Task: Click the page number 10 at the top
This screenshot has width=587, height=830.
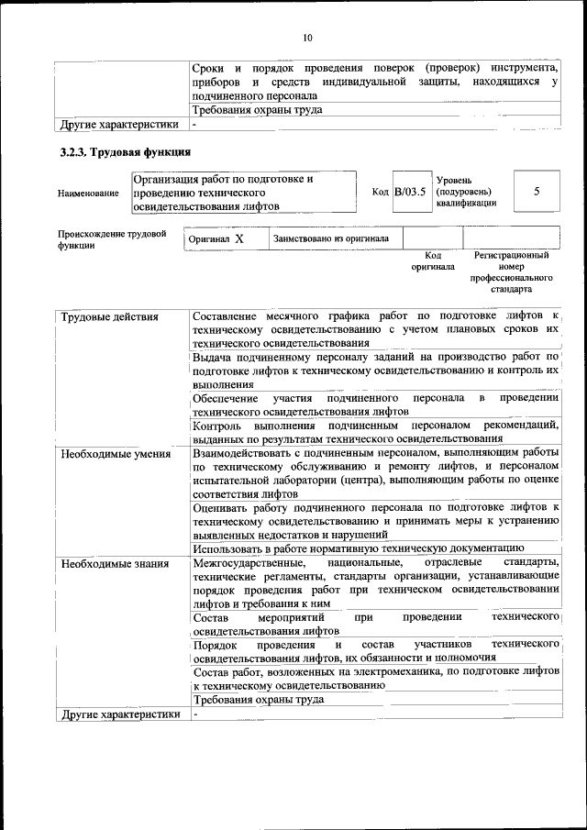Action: tap(307, 38)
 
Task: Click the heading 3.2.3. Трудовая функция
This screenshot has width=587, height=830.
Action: tap(119, 152)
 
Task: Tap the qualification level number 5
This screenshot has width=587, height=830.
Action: tap(536, 191)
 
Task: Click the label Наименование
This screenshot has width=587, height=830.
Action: tap(88, 194)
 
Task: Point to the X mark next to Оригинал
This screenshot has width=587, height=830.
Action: tap(239, 238)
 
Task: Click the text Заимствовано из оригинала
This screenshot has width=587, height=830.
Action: tap(330, 238)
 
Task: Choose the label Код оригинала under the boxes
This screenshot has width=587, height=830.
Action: tap(427, 260)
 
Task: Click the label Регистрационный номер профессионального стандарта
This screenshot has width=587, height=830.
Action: tap(511, 271)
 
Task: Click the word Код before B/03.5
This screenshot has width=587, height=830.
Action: tap(381, 192)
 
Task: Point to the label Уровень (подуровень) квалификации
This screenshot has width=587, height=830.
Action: tap(466, 191)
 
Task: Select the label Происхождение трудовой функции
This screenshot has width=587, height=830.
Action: tap(111, 239)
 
